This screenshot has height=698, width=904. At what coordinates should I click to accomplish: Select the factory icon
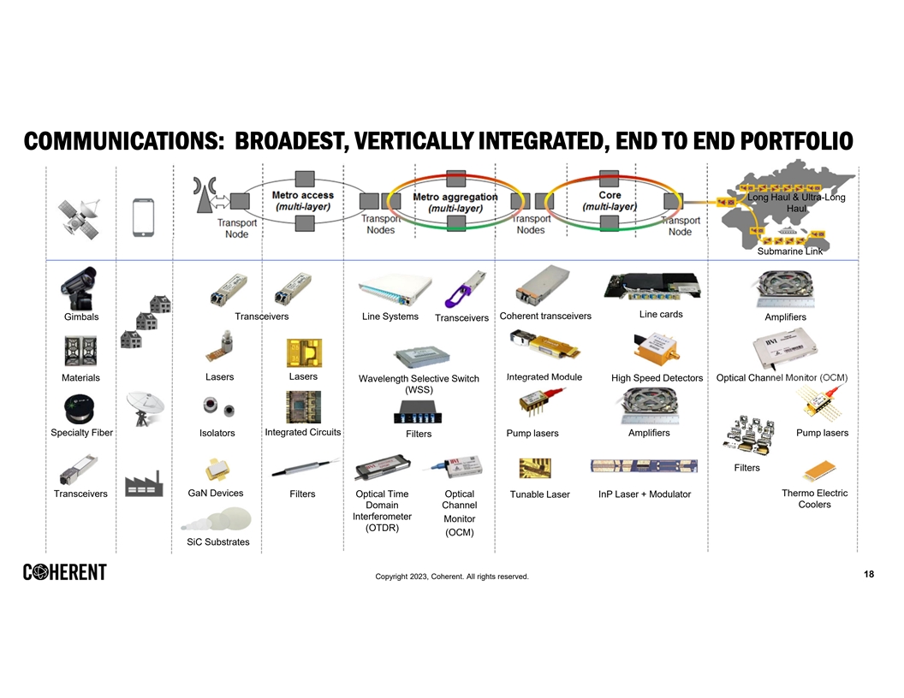[143, 484]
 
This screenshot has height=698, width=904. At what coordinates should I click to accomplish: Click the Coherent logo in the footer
[65, 572]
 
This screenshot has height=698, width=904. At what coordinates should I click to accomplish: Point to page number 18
[869, 574]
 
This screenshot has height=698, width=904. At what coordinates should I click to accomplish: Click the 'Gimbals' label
[81, 317]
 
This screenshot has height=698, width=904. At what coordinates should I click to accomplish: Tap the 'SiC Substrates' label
[218, 542]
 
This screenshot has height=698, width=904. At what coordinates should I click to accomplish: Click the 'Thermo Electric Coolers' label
[814, 499]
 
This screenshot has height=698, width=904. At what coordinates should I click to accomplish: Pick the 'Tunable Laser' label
[539, 494]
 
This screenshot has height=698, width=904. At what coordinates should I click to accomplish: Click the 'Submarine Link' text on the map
[789, 251]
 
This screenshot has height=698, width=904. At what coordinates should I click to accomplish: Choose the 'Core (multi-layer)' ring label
[610, 201]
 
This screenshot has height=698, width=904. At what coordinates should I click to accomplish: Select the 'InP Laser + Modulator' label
[645, 494]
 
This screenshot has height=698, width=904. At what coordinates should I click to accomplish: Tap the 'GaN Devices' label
[215, 493]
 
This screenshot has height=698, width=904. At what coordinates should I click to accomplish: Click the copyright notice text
[451, 577]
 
